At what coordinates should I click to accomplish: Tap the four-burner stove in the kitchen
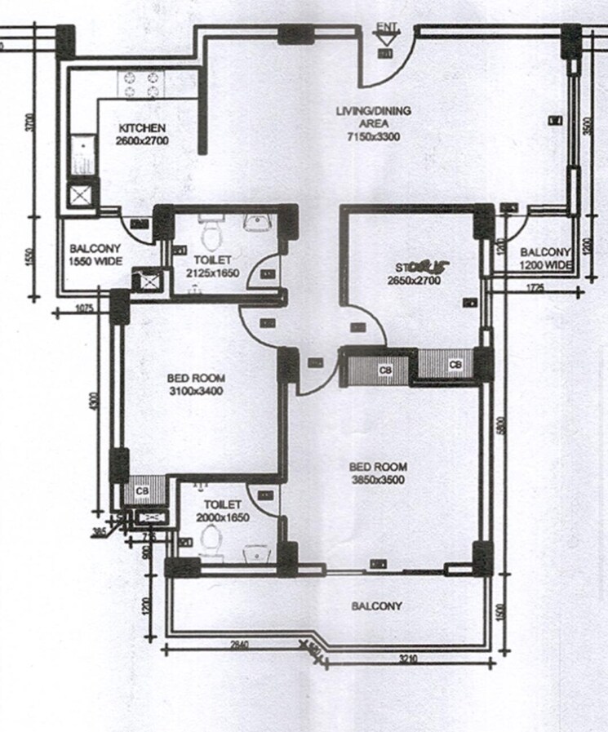click(142, 84)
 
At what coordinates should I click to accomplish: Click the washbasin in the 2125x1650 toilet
click(260, 221)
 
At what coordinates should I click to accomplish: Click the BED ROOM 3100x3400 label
click(195, 384)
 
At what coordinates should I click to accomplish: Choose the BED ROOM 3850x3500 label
click(377, 472)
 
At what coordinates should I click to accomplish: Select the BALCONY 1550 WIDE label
click(95, 255)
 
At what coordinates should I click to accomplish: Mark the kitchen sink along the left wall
click(82, 155)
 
